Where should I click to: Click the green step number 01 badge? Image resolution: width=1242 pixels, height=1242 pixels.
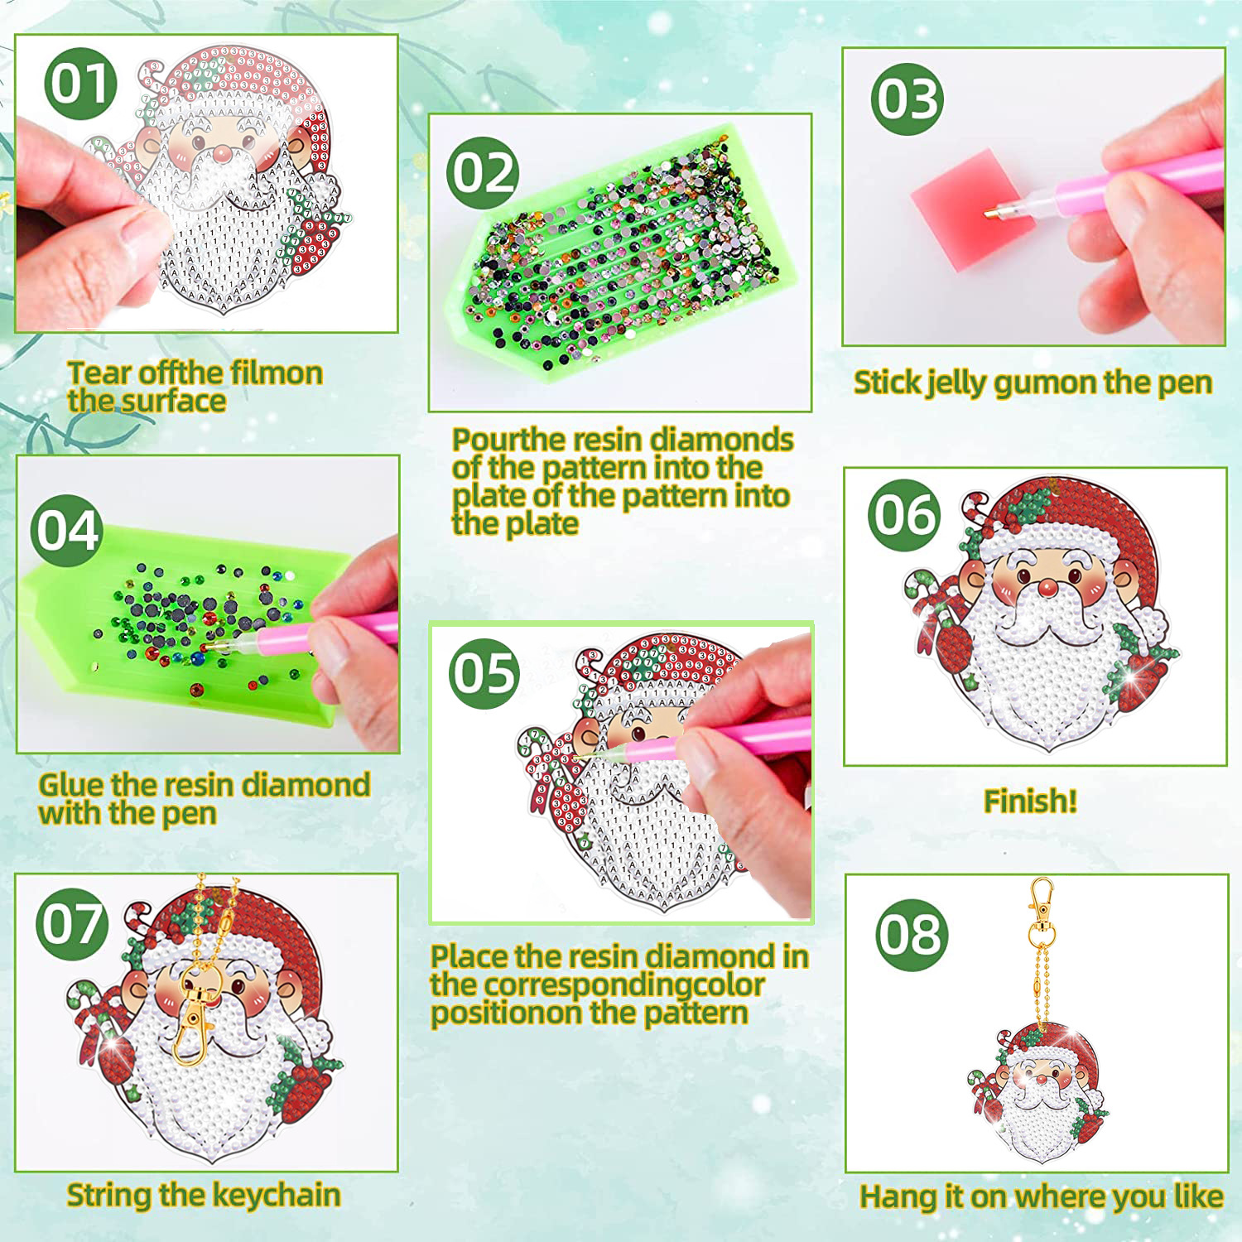pyautogui.click(x=80, y=84)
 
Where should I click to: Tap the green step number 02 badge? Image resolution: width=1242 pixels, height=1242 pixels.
pyautogui.click(x=483, y=173)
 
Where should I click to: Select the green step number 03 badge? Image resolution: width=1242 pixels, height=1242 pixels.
pyautogui.click(x=907, y=99)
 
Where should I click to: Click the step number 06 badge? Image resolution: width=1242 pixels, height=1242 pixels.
pyautogui.click(x=904, y=515)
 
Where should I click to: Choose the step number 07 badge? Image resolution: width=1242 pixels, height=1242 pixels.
pyautogui.click(x=73, y=923)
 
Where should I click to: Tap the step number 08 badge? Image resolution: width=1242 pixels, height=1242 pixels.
pyautogui.click(x=912, y=935)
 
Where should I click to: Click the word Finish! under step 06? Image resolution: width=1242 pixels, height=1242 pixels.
pyautogui.click(x=1030, y=801)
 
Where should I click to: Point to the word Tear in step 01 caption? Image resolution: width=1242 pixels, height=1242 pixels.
pyautogui.click(x=99, y=373)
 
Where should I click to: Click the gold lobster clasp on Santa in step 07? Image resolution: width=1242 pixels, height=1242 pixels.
pyautogui.click(x=194, y=1014)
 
